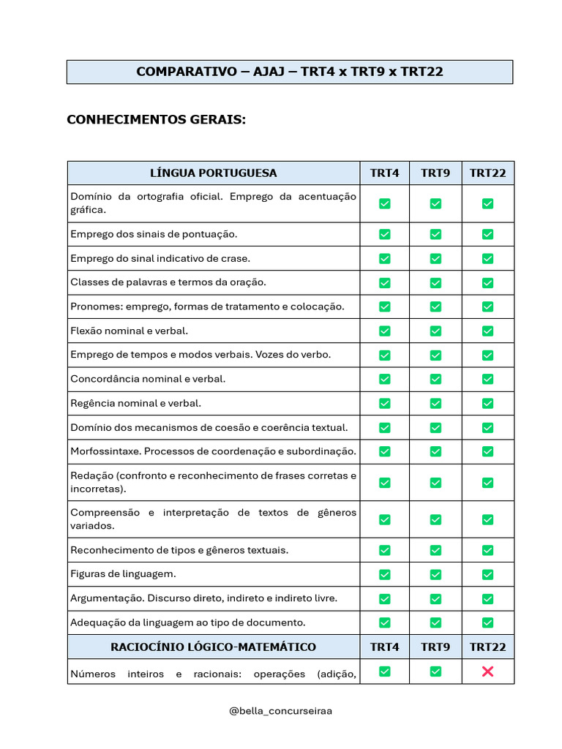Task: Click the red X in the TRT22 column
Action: (487, 671)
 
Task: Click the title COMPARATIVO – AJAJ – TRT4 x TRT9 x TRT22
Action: (290, 72)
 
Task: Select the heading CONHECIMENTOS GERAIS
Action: (156, 119)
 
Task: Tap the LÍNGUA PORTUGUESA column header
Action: (213, 173)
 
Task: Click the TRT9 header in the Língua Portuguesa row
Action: (435, 173)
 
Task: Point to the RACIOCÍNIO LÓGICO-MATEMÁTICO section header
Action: (213, 647)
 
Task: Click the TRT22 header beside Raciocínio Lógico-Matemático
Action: (487, 647)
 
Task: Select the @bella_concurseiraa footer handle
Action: (281, 710)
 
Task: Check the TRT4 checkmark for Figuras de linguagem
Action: (384, 574)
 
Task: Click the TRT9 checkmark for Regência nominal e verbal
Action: (435, 403)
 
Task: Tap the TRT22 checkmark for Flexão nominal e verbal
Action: (487, 331)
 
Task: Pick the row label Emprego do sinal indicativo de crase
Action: (160, 258)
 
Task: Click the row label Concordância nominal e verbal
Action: (148, 379)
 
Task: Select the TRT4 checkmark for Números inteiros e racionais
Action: (384, 671)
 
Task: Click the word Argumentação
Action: (106, 598)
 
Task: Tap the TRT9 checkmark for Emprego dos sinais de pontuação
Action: (435, 234)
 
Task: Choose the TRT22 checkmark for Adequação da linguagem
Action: (487, 622)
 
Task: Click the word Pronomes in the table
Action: (96, 306)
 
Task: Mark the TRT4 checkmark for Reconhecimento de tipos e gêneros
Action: (384, 550)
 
